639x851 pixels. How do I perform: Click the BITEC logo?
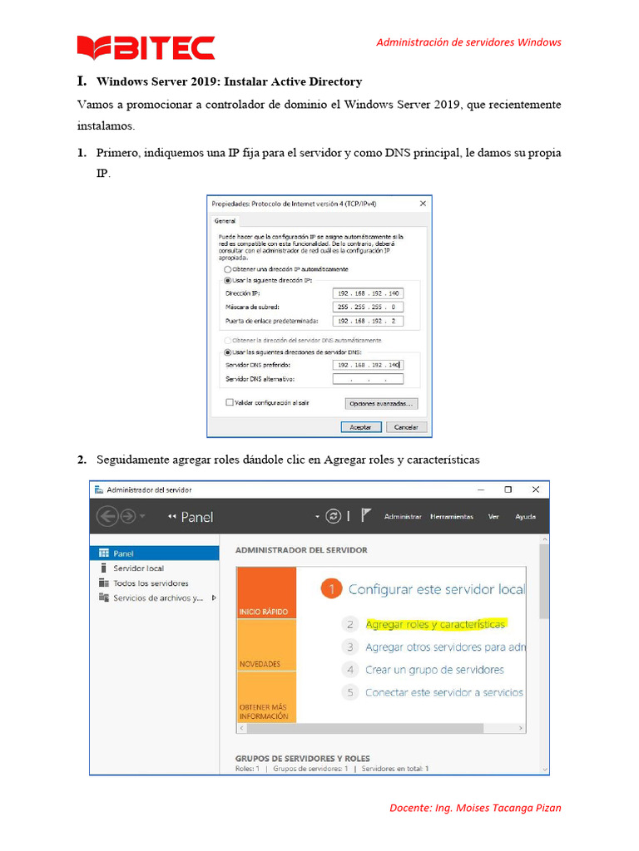146,48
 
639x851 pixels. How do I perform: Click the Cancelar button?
406,426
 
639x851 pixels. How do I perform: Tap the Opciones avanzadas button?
381,403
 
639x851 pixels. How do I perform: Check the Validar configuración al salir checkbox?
230,402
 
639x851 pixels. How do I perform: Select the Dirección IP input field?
367,293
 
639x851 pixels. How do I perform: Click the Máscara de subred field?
367,307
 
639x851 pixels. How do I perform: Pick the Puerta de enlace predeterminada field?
367,321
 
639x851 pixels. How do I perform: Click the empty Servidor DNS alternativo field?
367,379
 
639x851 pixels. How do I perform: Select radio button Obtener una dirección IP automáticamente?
227,269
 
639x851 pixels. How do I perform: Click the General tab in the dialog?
225,221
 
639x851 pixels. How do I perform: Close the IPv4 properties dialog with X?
423,203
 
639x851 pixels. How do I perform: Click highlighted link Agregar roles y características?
435,624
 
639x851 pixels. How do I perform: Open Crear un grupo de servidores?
434,669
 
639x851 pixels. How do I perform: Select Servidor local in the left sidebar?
138,568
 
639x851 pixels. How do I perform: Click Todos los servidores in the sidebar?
151,583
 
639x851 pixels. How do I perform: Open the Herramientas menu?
451,516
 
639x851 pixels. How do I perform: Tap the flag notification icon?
367,516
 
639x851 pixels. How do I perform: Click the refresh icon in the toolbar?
334,516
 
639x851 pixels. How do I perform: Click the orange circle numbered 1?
331,589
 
